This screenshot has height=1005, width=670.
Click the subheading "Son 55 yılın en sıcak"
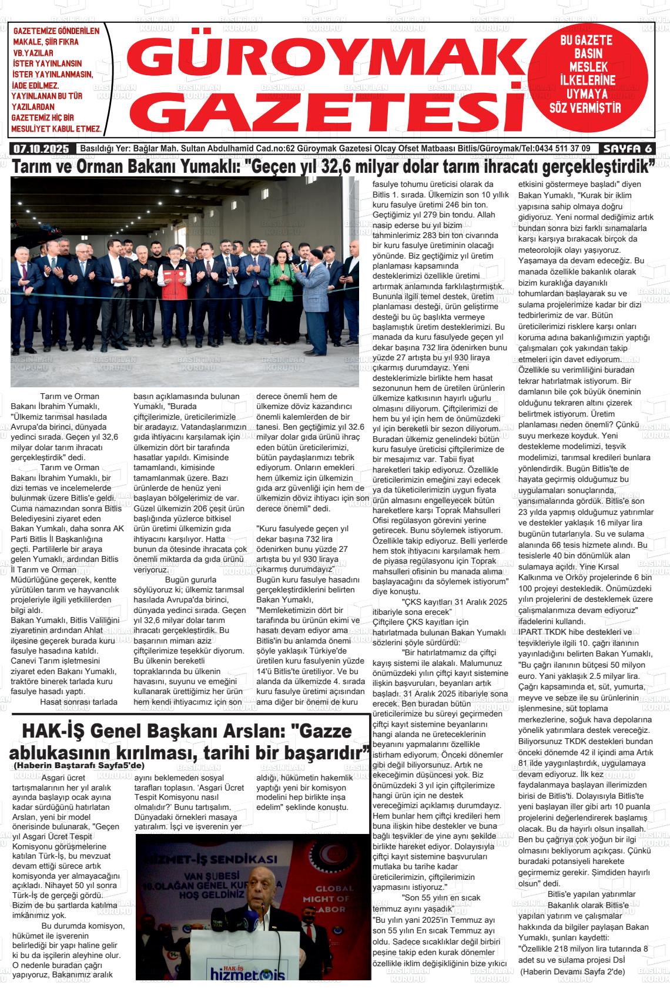click(441, 897)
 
